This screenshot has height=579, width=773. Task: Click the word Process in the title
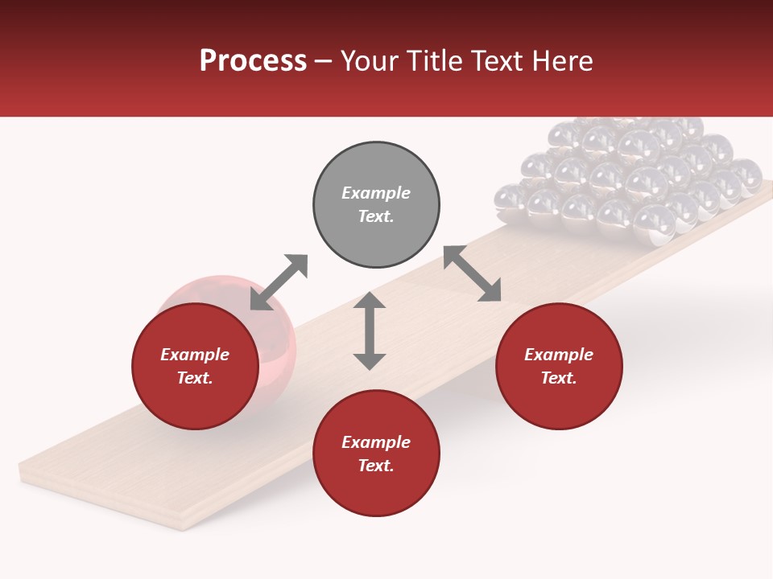(x=253, y=61)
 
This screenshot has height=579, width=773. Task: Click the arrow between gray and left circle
(x=279, y=282)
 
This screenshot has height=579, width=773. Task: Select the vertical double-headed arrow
(x=370, y=331)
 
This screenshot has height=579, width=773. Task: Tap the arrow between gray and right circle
(x=472, y=273)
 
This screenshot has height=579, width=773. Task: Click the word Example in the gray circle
(x=376, y=193)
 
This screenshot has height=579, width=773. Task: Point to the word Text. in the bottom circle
(x=376, y=466)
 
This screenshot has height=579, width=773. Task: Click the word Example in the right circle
(x=559, y=355)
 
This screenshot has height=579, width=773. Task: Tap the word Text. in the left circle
(x=195, y=378)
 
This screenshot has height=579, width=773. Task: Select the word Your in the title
(x=370, y=61)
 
